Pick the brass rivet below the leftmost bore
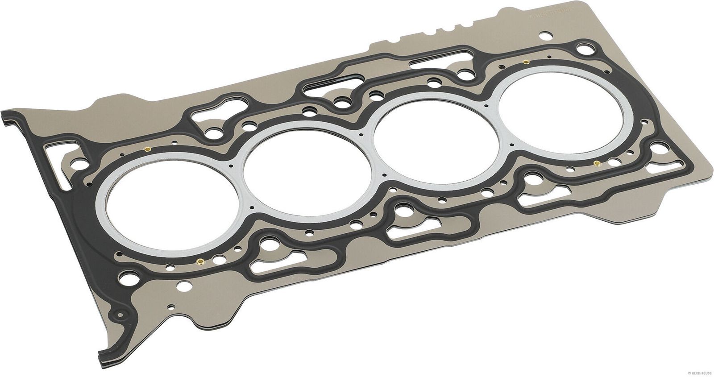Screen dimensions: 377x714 coord(199,262)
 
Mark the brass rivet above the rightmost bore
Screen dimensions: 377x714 coord(527,61)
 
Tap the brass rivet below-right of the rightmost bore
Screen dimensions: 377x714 coord(596,162)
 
